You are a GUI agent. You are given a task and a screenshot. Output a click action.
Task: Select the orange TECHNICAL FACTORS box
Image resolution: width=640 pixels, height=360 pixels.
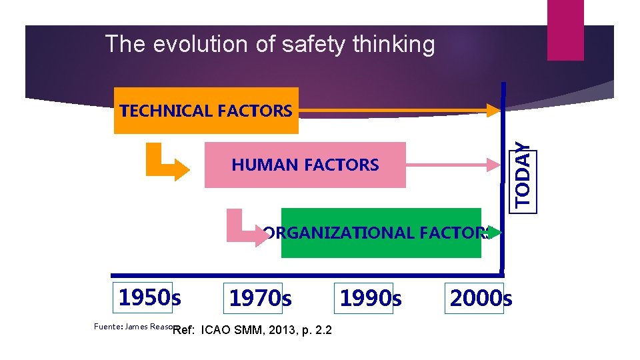206,111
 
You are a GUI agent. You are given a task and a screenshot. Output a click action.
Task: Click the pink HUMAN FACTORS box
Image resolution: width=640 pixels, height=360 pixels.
305,165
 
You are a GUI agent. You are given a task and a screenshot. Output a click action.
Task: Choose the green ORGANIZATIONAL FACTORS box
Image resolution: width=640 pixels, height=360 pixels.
381,233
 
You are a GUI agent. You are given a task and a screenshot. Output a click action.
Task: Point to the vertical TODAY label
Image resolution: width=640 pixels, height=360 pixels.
524,177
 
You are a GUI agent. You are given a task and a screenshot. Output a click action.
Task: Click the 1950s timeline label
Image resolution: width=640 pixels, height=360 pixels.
149,297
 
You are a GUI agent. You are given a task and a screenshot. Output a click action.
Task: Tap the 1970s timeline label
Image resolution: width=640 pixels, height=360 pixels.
260,298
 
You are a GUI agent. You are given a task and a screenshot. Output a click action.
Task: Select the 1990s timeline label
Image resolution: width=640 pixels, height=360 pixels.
371,298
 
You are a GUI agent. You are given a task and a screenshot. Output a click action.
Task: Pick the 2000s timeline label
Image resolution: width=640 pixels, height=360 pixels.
481,298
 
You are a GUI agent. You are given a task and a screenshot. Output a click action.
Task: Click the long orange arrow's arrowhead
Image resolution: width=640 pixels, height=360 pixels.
494,109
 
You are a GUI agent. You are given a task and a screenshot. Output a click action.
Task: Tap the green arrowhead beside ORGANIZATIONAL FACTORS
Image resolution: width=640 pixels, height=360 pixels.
494,233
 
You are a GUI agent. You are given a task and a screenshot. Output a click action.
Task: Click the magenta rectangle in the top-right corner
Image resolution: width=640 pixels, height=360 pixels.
565,29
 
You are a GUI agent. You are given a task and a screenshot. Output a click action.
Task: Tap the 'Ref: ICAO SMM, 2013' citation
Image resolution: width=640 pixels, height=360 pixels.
253,330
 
